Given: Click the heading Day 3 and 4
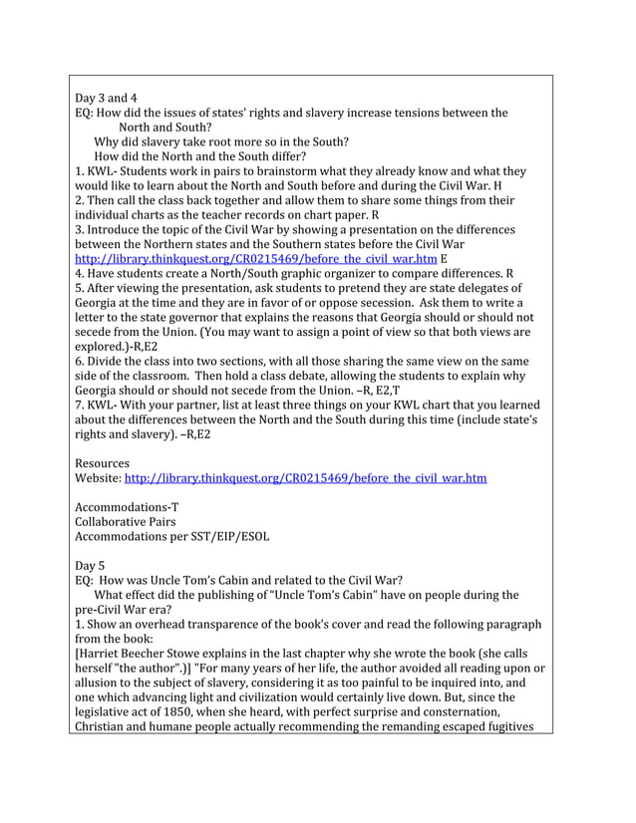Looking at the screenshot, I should [x=106, y=98].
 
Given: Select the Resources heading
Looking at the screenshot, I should [x=102, y=463].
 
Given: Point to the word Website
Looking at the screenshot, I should [x=98, y=478].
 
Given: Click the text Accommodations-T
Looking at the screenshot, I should [x=127, y=506].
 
